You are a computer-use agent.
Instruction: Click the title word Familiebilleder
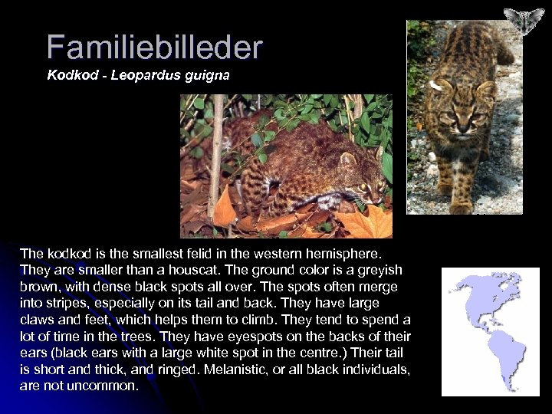point(154,48)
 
